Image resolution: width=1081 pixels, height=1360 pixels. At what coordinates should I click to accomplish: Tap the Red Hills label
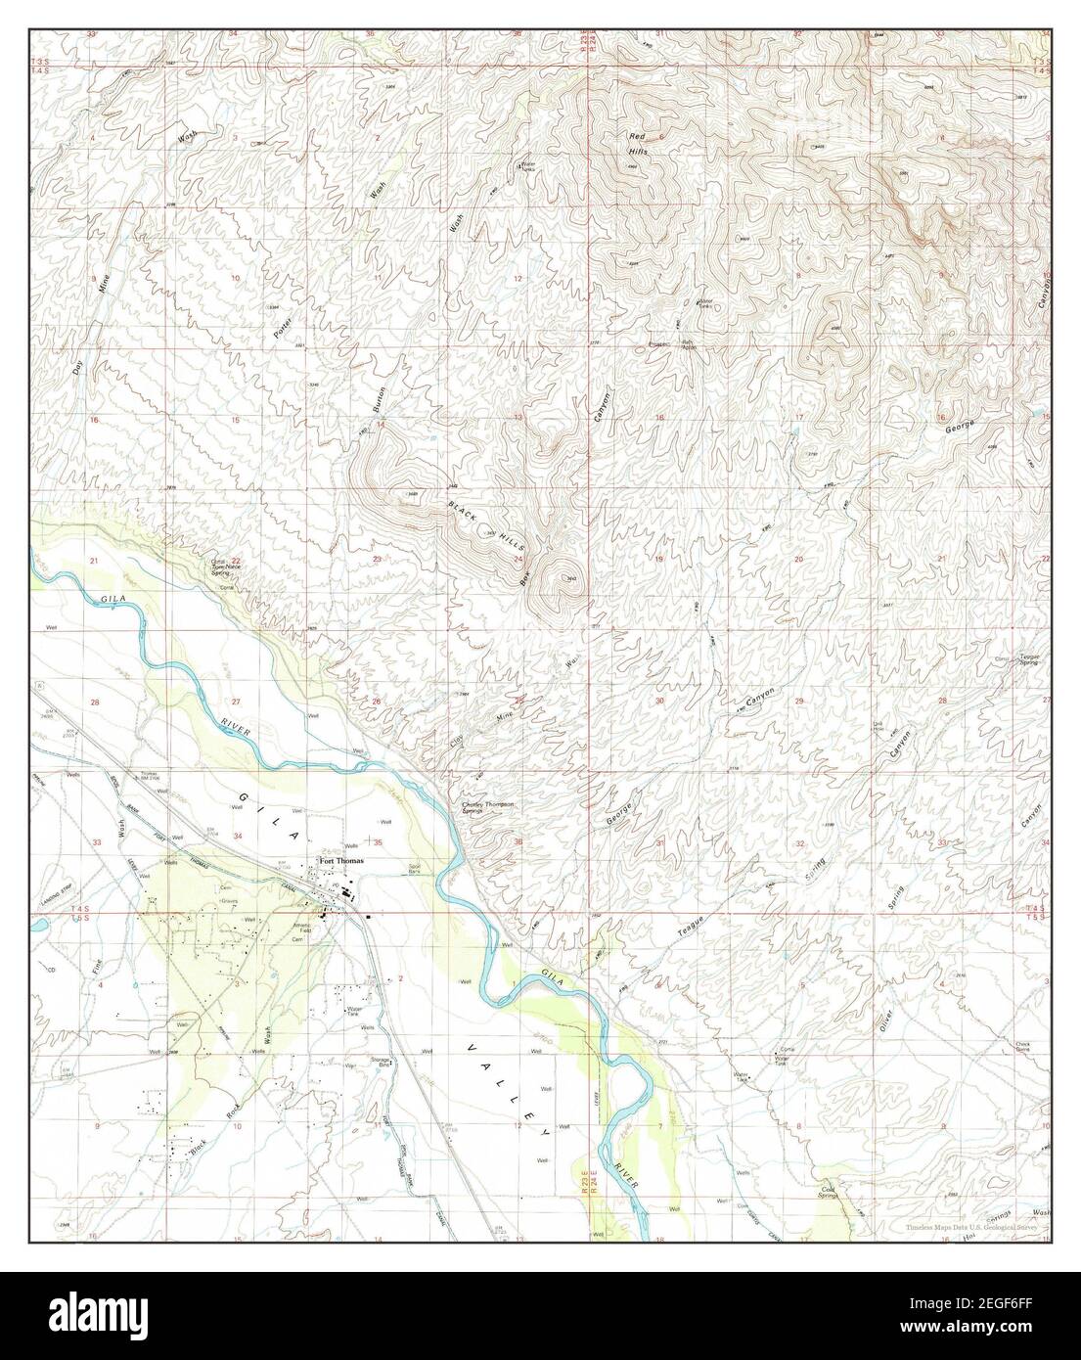[639, 144]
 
